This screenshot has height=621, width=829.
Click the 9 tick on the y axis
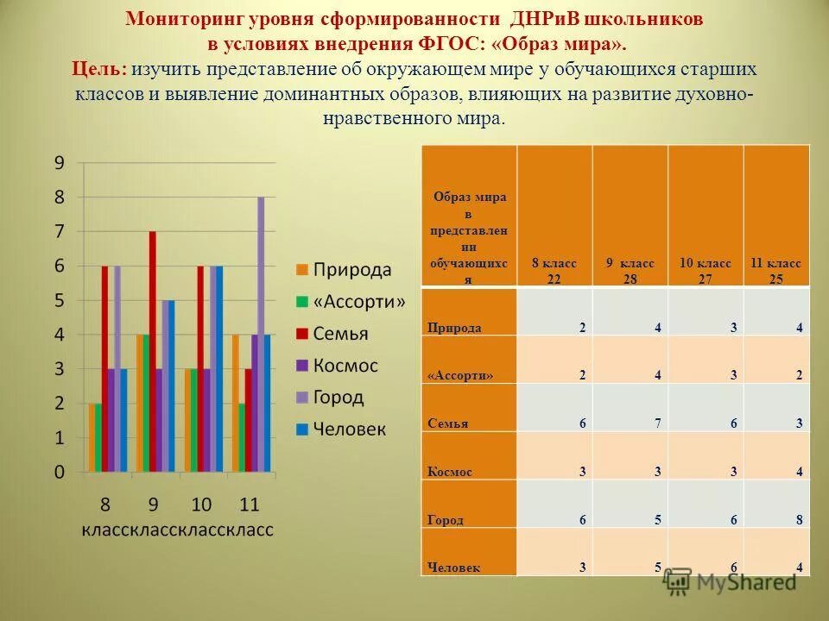tap(60, 163)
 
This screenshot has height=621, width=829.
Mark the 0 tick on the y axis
tap(60, 473)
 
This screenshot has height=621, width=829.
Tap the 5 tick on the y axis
tap(60, 301)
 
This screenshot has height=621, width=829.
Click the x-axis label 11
tap(250, 505)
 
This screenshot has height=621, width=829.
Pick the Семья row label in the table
tap(446, 423)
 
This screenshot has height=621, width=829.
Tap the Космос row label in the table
tap(450, 472)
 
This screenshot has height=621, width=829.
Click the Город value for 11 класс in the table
tap(800, 520)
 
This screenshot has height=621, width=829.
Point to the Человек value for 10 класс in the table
tap(733, 568)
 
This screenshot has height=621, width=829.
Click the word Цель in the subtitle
tap(98, 69)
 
